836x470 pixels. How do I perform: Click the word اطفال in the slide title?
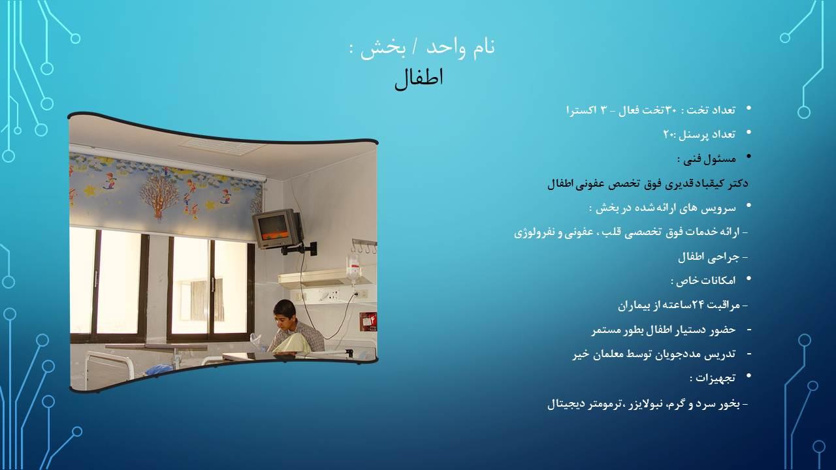pos(419,78)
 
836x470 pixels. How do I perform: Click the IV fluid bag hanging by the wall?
pos(353,268)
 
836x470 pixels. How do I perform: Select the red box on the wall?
pos(368,321)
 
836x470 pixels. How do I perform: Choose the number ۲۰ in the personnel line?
pos(669,134)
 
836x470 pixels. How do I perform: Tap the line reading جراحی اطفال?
pos(708,257)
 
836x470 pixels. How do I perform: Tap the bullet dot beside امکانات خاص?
pos(748,279)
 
